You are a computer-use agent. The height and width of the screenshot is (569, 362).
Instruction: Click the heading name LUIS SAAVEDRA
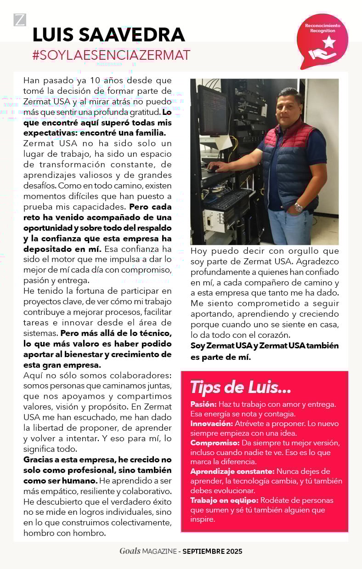[x=108, y=35]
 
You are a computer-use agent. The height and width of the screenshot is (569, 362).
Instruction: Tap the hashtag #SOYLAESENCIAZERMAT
[x=111, y=56]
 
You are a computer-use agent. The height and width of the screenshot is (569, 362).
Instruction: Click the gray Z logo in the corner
[x=20, y=20]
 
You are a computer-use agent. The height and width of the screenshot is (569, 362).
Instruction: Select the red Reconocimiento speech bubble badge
[x=322, y=41]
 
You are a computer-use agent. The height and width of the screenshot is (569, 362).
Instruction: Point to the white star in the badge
[x=329, y=42]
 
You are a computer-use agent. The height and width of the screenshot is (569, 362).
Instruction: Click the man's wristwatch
[x=299, y=207]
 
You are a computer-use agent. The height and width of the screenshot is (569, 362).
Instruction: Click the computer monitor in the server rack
[x=212, y=110]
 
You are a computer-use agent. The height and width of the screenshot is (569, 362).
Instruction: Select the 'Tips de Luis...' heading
[x=240, y=387]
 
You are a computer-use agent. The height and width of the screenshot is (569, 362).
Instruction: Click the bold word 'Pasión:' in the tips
[x=204, y=404]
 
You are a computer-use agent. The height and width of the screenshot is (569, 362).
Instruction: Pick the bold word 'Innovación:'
[x=211, y=423]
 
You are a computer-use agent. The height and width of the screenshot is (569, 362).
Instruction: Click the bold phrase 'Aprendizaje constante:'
[x=232, y=472]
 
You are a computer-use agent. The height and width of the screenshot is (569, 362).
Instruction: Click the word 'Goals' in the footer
[x=130, y=551]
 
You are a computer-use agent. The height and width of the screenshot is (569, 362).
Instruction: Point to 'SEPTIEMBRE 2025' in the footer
[x=212, y=551]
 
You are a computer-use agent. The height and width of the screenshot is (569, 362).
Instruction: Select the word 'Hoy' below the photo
[x=199, y=251]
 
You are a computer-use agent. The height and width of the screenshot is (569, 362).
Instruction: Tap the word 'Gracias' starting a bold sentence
[x=40, y=460]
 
